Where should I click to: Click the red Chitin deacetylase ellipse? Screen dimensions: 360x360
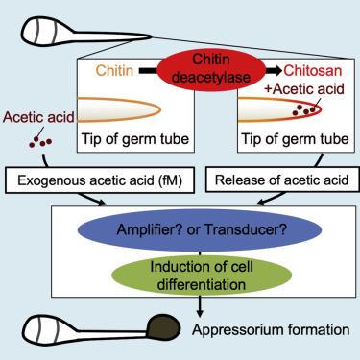[x=211, y=70]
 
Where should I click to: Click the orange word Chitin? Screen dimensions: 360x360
[x=114, y=70]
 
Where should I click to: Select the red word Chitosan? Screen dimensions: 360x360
[x=313, y=70]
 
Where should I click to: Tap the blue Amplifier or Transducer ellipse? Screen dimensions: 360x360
[x=200, y=229]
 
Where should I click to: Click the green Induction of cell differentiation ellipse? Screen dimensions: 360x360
[x=202, y=276]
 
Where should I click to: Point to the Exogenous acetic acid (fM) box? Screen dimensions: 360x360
[x=100, y=180]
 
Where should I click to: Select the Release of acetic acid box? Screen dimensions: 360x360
[x=282, y=180]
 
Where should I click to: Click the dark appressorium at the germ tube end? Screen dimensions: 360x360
[x=163, y=329]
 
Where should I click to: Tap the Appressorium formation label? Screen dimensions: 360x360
[x=271, y=329]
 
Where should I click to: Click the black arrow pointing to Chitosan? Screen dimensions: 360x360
[x=275, y=70]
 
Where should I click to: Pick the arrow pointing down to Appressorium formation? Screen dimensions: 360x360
[x=200, y=306]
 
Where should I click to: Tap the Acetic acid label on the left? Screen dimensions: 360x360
[x=38, y=117]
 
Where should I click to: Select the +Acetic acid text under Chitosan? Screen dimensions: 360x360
[x=304, y=89]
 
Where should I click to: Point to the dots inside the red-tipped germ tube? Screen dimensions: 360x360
[x=303, y=109]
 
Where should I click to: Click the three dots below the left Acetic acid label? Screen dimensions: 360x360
[x=40, y=142]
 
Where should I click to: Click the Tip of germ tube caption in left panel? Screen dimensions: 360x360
[x=135, y=139]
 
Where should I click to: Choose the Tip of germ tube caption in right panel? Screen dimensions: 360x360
[x=295, y=139]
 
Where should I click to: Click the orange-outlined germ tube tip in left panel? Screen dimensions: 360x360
[x=119, y=109]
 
